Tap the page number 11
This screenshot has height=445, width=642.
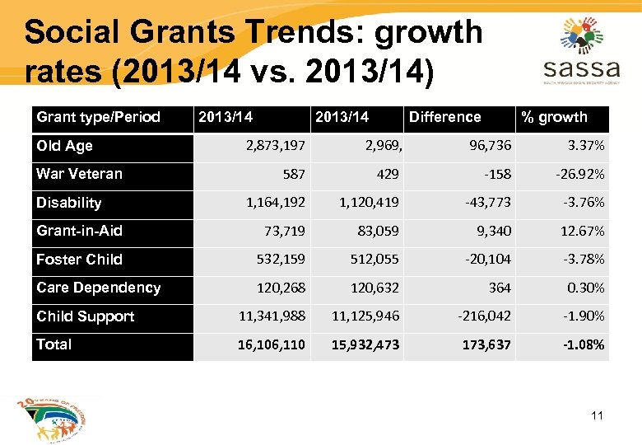tap(597, 415)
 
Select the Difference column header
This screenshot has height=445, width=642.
tap(444, 117)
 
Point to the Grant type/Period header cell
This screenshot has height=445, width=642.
tap(98, 117)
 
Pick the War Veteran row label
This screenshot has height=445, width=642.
tap(79, 174)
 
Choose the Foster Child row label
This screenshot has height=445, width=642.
tap(79, 260)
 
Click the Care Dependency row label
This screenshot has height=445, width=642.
tap(98, 288)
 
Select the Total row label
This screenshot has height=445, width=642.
tap(53, 344)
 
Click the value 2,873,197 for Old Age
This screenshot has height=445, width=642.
tap(275, 146)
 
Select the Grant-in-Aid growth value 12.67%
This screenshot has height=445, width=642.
tap(582, 232)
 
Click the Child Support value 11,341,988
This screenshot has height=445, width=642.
tap(272, 316)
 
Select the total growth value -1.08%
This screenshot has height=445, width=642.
tap(584, 345)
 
